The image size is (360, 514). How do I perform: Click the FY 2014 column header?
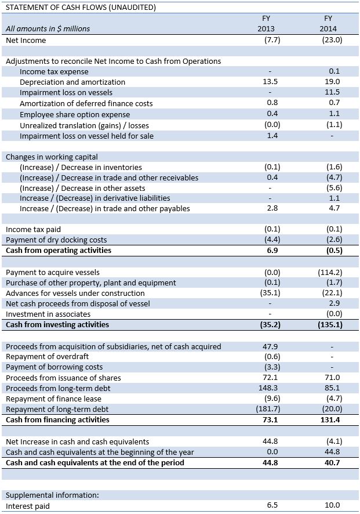click(x=328, y=23)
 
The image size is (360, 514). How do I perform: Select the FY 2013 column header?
click(x=266, y=23)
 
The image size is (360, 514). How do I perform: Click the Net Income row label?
click(x=26, y=41)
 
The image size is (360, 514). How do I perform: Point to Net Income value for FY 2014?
click(x=332, y=40)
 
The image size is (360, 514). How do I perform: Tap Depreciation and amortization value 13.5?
click(x=270, y=82)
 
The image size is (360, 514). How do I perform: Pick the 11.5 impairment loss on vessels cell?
click(x=332, y=92)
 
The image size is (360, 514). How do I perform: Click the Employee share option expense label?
click(x=75, y=114)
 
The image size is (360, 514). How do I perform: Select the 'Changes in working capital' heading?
click(x=52, y=157)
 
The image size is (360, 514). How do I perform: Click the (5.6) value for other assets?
click(x=334, y=188)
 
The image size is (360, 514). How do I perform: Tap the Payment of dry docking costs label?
click(x=56, y=240)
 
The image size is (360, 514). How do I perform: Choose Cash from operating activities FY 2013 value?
click(x=272, y=251)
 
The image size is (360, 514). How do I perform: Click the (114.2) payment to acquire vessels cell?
click(x=330, y=273)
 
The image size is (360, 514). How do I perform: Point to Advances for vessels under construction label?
click(x=75, y=293)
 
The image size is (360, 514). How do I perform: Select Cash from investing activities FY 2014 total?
click(x=330, y=324)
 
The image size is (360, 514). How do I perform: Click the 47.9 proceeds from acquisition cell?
click(x=270, y=346)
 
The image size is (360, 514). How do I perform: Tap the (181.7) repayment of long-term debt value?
click(x=268, y=409)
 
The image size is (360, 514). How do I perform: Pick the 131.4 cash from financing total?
click(x=330, y=419)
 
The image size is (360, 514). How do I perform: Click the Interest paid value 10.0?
click(x=332, y=505)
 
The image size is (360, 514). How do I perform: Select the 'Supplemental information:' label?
click(x=52, y=495)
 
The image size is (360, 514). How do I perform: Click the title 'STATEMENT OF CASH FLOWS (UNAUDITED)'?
click(x=81, y=7)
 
